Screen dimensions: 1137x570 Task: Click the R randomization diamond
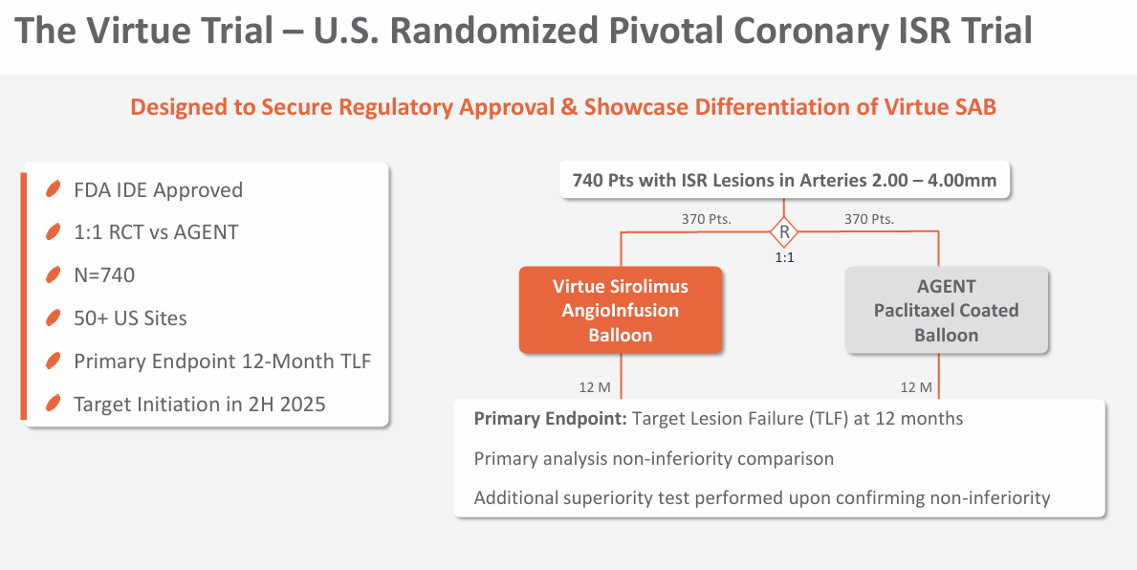[x=784, y=232]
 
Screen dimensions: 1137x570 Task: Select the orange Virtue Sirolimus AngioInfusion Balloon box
[x=621, y=311]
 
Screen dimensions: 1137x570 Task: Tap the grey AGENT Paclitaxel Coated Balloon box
[x=947, y=311]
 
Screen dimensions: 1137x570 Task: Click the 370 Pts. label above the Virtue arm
[x=707, y=219]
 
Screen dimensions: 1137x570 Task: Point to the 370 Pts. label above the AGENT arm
[x=868, y=219]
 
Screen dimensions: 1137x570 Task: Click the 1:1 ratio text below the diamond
[x=784, y=257]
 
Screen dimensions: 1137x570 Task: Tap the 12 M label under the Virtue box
[x=595, y=388]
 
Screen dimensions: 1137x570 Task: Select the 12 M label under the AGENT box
[x=916, y=388]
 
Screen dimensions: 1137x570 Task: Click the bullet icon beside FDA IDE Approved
[x=53, y=190]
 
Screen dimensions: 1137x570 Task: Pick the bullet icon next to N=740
[x=53, y=274]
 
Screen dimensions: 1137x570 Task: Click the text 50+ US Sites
[x=130, y=318]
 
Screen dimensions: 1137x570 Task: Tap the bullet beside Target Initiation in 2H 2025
[x=53, y=404]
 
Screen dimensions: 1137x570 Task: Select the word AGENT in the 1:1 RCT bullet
[x=206, y=232]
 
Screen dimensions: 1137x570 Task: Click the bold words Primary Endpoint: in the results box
[x=551, y=419]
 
